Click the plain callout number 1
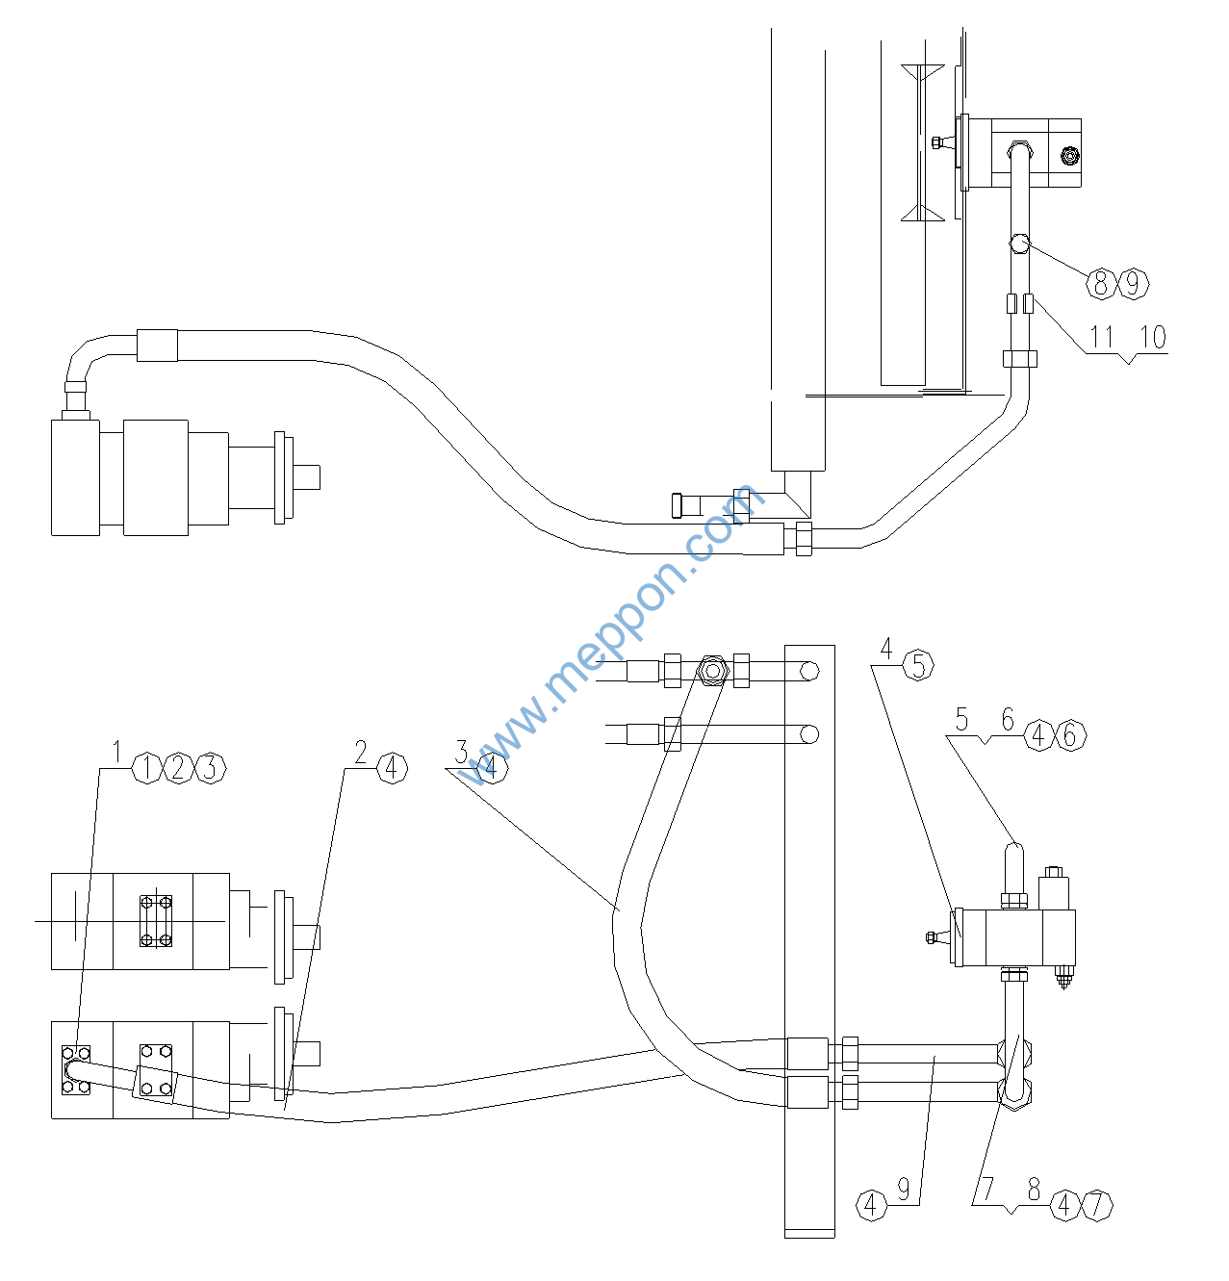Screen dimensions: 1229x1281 tap(117, 751)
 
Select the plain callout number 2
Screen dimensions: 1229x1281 tap(361, 751)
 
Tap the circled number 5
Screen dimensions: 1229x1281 tap(918, 665)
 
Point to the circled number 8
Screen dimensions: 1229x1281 tap(1101, 284)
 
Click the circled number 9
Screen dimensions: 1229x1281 tap(1133, 284)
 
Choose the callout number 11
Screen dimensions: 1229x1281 tap(1101, 337)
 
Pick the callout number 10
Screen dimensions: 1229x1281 tap(1153, 337)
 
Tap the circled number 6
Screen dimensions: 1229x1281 tap(1071, 735)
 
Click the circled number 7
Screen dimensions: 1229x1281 tap(1097, 1205)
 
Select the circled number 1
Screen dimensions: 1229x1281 tap(147, 768)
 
